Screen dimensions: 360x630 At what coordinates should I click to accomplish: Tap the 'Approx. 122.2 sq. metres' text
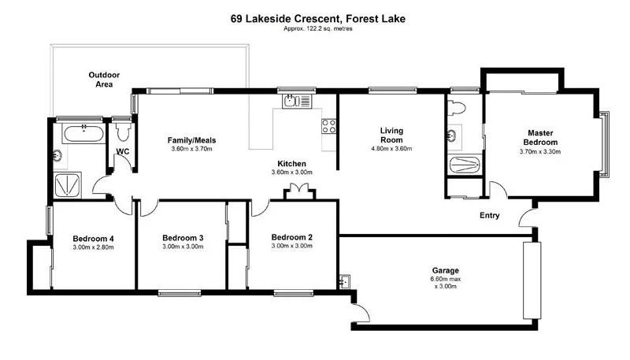pyautogui.click(x=314, y=29)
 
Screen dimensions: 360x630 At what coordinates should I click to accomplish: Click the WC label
pyautogui.click(x=122, y=151)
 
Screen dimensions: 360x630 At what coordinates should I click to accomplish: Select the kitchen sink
pyautogui.click(x=292, y=101)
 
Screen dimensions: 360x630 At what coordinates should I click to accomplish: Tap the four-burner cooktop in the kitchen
pyautogui.click(x=328, y=125)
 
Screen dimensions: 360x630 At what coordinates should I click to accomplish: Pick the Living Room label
pyautogui.click(x=391, y=135)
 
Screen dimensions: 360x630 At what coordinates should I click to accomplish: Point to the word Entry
pyautogui.click(x=491, y=214)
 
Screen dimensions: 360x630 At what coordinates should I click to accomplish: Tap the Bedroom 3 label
pyautogui.click(x=183, y=238)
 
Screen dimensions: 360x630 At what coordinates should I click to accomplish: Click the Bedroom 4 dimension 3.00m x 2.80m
pyautogui.click(x=94, y=247)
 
